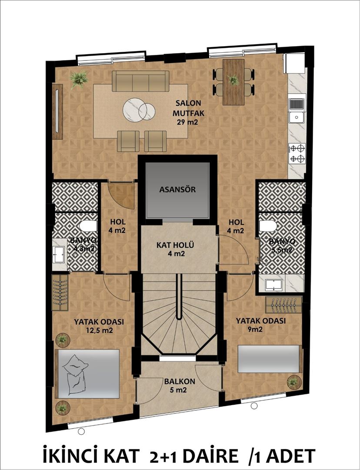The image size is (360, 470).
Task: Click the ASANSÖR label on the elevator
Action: tap(177, 190)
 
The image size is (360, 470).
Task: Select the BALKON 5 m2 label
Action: tap(179, 386)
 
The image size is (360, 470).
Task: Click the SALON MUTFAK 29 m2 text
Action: tap(187, 113)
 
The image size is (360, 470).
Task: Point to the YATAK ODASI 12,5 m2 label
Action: tap(99, 326)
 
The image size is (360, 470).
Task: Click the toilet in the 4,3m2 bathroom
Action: tap(89, 226)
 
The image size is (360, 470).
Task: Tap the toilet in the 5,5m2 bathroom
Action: tap(267, 226)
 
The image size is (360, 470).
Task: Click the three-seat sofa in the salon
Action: tap(140, 81)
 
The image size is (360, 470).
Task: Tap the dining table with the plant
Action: tap(233, 82)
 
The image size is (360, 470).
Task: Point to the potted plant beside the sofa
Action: tap(79, 80)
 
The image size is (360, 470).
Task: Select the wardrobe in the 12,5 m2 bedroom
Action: tap(60, 292)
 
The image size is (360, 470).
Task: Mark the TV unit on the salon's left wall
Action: tap(57, 111)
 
